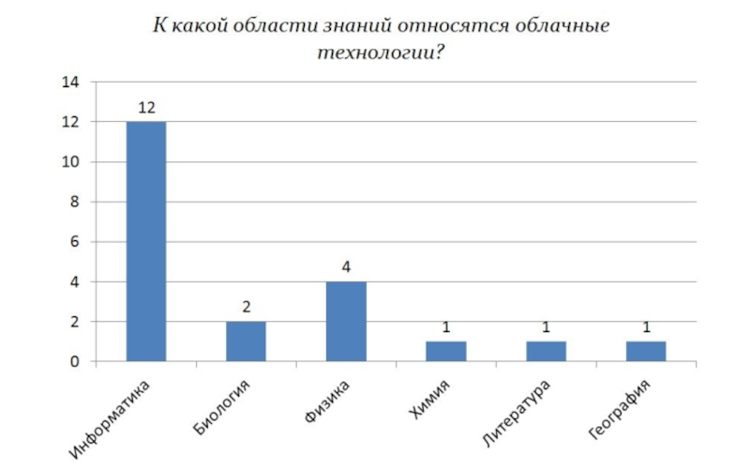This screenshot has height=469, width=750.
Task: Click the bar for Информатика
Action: point(146,241)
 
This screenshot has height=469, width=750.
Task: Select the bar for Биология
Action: point(246,341)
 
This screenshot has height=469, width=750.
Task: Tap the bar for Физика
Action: point(346,321)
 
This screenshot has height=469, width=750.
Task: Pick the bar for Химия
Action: point(446,351)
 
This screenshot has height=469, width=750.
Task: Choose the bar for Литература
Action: point(546,351)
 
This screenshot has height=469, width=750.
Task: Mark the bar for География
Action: point(646,351)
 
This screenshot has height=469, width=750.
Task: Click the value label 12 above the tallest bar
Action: point(146,108)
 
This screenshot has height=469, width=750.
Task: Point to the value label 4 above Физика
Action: point(346,267)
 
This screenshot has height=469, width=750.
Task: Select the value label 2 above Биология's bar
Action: point(246,308)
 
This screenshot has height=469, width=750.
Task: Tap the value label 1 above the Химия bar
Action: point(446,327)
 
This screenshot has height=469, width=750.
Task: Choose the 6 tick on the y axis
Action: point(72,242)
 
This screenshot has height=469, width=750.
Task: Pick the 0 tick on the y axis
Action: point(72,362)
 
